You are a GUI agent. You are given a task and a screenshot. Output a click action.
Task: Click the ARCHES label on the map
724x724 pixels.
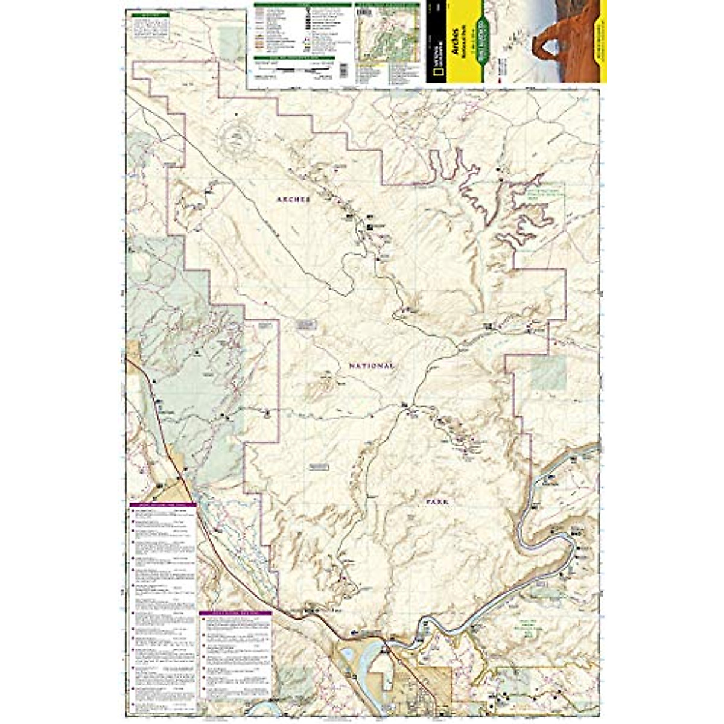pyautogui.click(x=293, y=199)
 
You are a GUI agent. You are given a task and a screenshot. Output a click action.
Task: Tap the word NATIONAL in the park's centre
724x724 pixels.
pyautogui.click(x=371, y=366)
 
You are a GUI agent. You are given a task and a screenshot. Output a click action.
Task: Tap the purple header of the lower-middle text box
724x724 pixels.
pyautogui.click(x=235, y=613)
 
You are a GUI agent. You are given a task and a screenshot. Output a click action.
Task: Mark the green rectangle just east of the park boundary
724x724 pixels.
pyautogui.click(x=548, y=373)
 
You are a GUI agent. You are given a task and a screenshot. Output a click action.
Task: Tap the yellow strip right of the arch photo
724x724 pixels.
pyautogui.click(x=600, y=42)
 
